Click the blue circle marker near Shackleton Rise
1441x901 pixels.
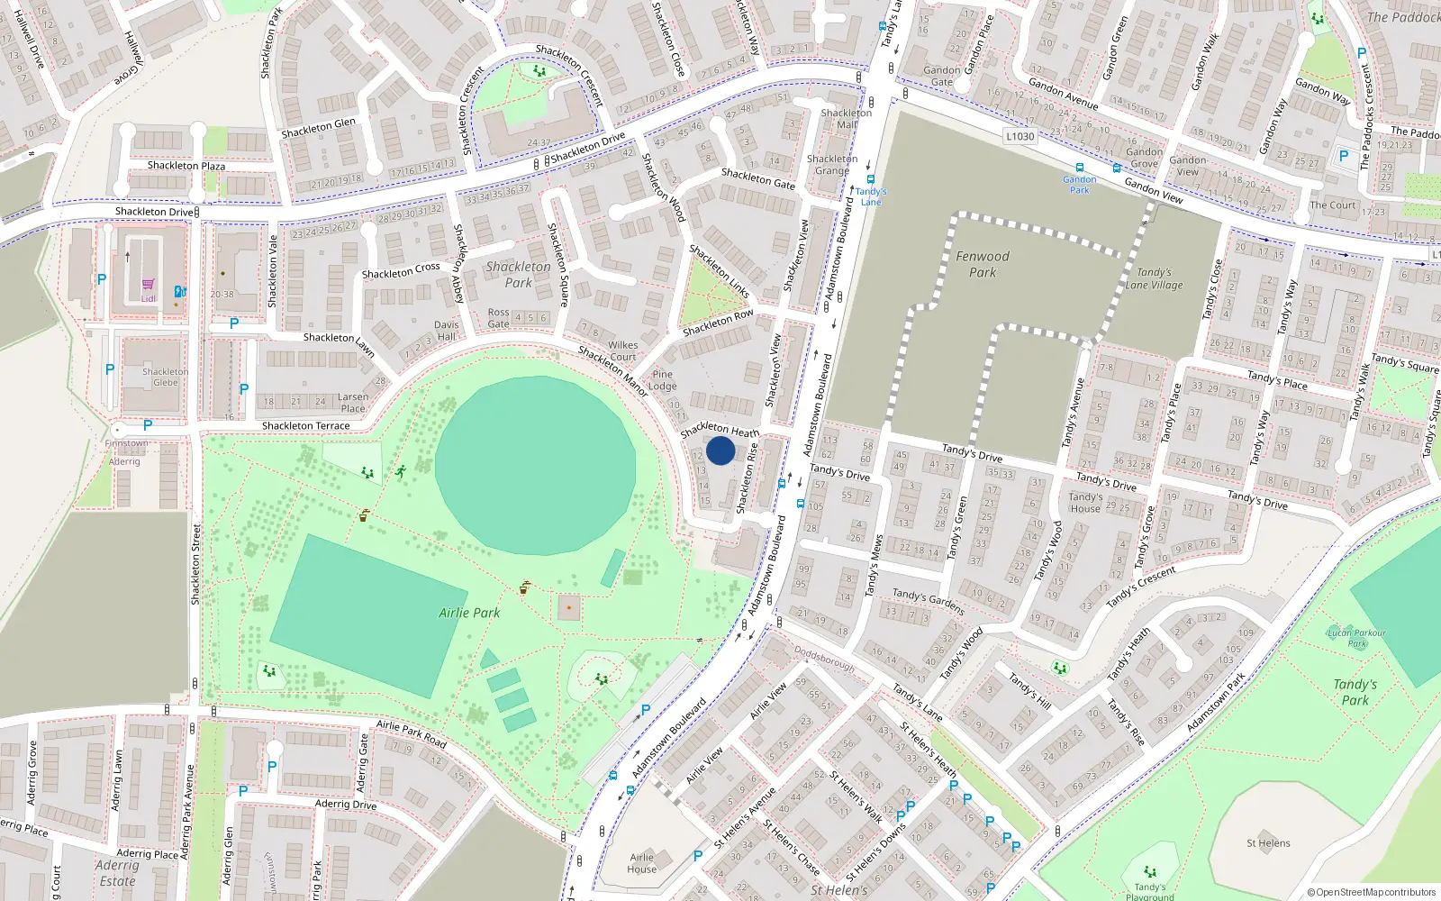[x=720, y=450]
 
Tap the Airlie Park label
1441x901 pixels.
[x=469, y=613]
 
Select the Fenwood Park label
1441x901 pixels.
[x=983, y=264]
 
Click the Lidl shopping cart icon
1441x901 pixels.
[x=149, y=285]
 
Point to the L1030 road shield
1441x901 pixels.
[x=1020, y=136]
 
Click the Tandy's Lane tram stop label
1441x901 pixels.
[x=871, y=196]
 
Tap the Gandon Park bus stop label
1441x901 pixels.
[x=1079, y=185]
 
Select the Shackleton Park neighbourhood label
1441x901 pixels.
[x=518, y=275]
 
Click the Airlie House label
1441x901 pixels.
[x=642, y=863]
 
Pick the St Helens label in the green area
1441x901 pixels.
[x=1268, y=843]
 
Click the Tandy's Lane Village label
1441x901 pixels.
[x=1154, y=278]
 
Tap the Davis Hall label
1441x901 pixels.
[x=447, y=331]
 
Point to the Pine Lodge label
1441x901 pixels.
[x=663, y=380]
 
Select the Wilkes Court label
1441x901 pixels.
[x=622, y=350]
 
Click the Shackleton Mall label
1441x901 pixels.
[x=847, y=119]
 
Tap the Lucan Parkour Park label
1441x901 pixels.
[x=1356, y=638]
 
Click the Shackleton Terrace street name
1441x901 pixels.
[x=305, y=426]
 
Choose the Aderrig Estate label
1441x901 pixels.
[x=117, y=873]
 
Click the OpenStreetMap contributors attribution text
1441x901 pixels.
[x=1371, y=893]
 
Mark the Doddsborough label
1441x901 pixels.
[x=824, y=659]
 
